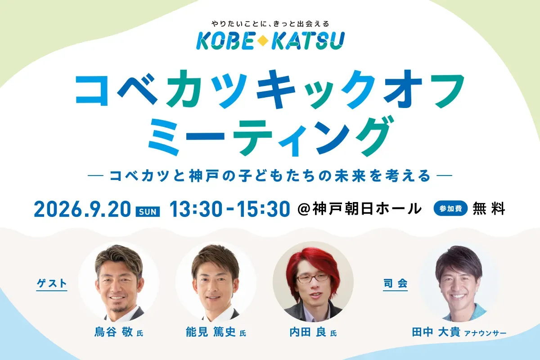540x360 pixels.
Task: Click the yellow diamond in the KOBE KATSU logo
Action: (x=263, y=41)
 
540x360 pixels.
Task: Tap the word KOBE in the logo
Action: (x=225, y=41)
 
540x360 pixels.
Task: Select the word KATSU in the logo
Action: (x=308, y=41)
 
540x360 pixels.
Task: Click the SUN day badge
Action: (x=148, y=211)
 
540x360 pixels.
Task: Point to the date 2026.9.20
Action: (x=82, y=209)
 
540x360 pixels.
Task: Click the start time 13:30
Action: (x=196, y=209)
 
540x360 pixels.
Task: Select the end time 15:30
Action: (x=264, y=209)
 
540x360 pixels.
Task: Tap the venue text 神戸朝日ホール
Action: (x=367, y=208)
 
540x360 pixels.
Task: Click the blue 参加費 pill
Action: (x=450, y=208)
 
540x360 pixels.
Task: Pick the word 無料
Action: (x=489, y=208)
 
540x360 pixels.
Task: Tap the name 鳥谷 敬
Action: (x=113, y=332)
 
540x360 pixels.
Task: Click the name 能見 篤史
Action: (x=211, y=332)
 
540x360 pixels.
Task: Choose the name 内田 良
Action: (x=308, y=332)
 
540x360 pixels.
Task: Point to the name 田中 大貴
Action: (x=436, y=332)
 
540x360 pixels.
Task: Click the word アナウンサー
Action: (x=485, y=333)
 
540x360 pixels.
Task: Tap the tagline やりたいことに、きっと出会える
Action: (x=270, y=24)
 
